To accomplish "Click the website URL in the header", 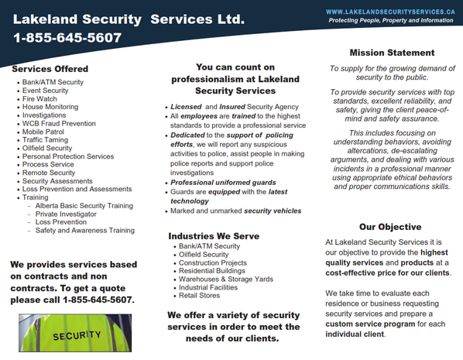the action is pyautogui.click(x=389, y=12).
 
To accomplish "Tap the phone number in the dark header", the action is pyautogui.click(x=67, y=37).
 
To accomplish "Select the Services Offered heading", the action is pyautogui.click(x=50, y=69).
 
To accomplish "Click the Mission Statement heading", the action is pyautogui.click(x=392, y=53).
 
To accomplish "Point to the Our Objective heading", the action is pyautogui.click(x=390, y=227).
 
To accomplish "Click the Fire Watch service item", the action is pyautogui.click(x=39, y=99).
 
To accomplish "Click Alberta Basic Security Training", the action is pyautogui.click(x=84, y=205).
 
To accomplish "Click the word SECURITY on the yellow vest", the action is pyautogui.click(x=77, y=336).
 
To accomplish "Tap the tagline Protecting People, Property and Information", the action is pyautogui.click(x=390, y=20).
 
